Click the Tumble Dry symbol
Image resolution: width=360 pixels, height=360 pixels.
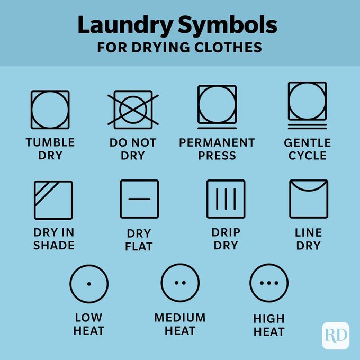[x=50, y=110]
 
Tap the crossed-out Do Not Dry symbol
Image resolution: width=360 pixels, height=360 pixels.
[x=133, y=110]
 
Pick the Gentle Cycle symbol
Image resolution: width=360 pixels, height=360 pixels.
[x=307, y=104]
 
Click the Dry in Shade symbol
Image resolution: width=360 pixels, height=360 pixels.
[x=53, y=200]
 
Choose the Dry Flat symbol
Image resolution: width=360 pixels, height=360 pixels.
[x=139, y=199]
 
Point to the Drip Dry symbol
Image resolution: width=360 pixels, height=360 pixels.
[x=226, y=199]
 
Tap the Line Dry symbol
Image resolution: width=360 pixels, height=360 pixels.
[x=309, y=199]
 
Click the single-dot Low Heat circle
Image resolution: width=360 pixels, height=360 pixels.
[x=89, y=283]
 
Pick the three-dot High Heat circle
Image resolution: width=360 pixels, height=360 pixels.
[x=269, y=283]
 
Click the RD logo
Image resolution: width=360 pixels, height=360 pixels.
[x=336, y=335]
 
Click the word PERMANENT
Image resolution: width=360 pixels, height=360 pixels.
[x=217, y=142]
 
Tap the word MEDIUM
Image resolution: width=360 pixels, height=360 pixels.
[x=180, y=317]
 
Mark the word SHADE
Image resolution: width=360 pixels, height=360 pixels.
[x=53, y=245]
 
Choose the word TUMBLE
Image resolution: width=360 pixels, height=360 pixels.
[x=50, y=142]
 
